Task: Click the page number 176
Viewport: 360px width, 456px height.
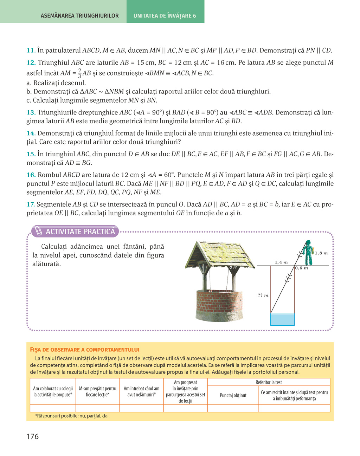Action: pos(33,437)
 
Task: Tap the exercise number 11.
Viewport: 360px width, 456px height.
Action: pos(31,51)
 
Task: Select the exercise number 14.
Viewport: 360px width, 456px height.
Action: pos(31,133)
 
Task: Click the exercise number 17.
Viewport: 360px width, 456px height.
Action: pos(31,204)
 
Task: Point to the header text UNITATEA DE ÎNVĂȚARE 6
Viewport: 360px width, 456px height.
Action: pos(165,16)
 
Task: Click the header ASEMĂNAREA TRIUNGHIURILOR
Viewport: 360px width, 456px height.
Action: pos(79,16)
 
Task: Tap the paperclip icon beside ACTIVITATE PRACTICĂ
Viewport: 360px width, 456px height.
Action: pos(39,232)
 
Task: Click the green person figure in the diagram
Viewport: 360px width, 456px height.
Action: pos(308,252)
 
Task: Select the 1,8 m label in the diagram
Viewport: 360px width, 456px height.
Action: pos(321,253)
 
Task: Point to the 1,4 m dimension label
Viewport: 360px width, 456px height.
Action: pos(281,262)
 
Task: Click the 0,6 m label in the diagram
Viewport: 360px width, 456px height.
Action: pos(301,268)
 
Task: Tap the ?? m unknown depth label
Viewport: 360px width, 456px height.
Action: pos(263,295)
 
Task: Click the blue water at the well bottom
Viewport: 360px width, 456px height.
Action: pos(282,319)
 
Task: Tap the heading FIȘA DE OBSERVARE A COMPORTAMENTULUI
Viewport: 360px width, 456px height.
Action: pos(85,350)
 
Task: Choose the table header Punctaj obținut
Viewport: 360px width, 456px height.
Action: pos(233,396)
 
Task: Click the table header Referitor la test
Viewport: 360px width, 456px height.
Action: pos(269,382)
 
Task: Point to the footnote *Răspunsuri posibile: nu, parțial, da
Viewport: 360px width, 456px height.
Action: pos(71,416)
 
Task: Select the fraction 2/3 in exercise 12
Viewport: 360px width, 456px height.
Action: pos(79,73)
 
